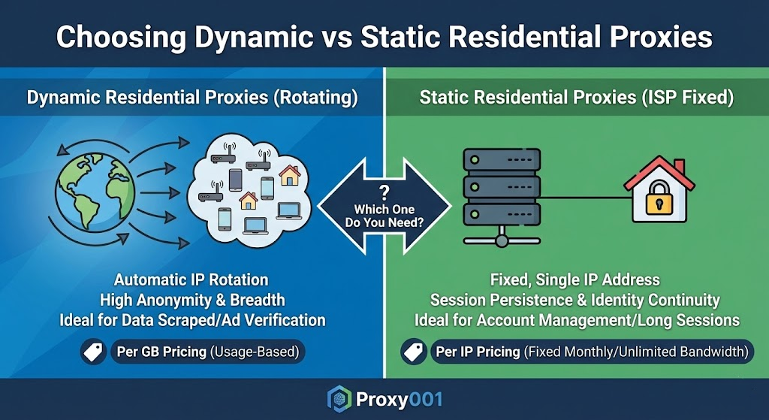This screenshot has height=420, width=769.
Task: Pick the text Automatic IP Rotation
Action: click(x=192, y=280)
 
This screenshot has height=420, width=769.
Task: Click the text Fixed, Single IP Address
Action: click(x=574, y=280)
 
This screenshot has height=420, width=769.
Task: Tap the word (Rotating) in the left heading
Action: click(x=319, y=98)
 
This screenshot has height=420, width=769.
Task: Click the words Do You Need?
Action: click(x=384, y=222)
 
